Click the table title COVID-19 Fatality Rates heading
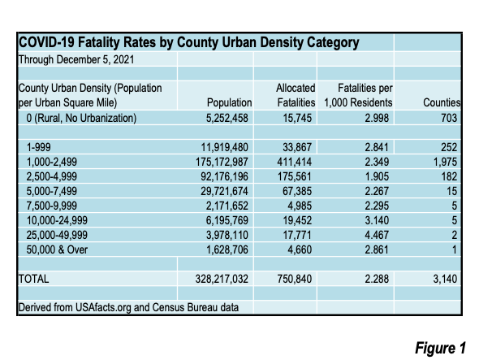[189, 42]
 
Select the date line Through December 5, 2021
[76, 59]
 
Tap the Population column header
[230, 102]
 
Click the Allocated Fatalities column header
[296, 95]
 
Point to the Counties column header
[442, 102]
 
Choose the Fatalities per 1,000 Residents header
[358, 95]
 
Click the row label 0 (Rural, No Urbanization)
[81, 118]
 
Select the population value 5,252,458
[227, 118]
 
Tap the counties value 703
[449, 118]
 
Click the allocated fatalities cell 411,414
[295, 162]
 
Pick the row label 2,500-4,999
[52, 176]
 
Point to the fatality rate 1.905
[377, 176]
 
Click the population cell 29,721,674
[225, 191]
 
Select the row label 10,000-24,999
[57, 220]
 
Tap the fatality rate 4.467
[377, 235]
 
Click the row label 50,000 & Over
[57, 250]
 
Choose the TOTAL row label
[33, 279]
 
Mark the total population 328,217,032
[222, 279]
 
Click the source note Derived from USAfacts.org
[128, 307]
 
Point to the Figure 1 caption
[440, 348]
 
